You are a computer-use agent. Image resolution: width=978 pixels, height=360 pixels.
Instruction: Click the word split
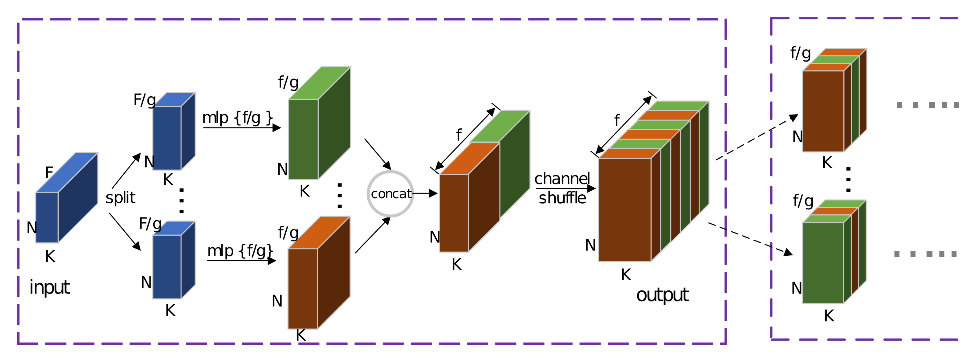(120, 198)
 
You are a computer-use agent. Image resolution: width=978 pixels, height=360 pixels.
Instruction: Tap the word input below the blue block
(49, 288)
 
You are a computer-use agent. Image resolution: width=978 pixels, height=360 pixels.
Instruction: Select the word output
(662, 295)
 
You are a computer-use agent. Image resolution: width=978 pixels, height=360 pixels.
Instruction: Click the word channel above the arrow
(562, 179)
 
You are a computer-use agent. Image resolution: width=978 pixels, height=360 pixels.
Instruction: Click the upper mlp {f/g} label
(237, 118)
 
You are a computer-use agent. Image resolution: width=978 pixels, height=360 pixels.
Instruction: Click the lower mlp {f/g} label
(240, 251)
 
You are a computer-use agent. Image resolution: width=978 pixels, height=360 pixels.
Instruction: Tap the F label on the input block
(49, 172)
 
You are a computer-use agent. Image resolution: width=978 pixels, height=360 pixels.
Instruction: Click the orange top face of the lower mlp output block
(319, 232)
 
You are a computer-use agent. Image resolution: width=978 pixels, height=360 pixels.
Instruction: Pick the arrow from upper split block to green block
(242, 128)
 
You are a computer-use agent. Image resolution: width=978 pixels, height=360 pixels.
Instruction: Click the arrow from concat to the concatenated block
(424, 194)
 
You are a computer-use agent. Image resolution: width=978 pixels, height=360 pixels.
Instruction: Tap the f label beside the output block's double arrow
(617, 121)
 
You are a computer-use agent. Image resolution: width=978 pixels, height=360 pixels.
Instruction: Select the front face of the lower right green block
(823, 263)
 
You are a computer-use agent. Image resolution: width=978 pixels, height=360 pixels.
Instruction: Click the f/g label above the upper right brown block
(800, 53)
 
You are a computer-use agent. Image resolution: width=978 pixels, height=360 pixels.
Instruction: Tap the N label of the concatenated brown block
(434, 237)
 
